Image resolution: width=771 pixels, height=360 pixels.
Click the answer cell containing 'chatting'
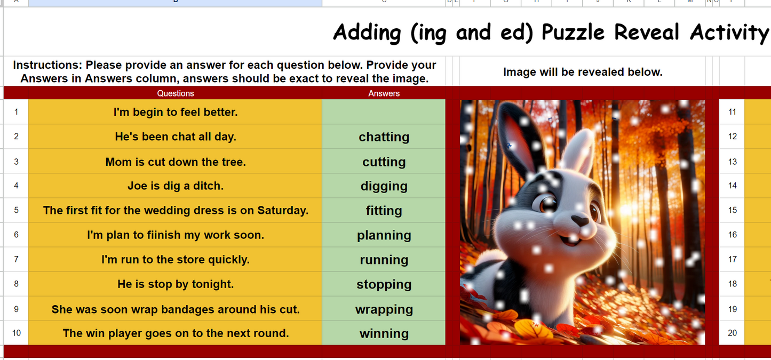(x=384, y=137)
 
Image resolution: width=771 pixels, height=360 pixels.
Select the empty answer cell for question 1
(x=384, y=112)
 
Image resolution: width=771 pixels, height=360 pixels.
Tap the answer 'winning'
(x=384, y=334)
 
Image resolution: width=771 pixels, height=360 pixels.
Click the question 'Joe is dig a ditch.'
(x=175, y=186)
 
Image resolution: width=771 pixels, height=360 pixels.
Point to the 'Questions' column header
(x=175, y=93)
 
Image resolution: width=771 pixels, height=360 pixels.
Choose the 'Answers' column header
(x=384, y=93)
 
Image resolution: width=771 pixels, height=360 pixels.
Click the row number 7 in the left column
(x=16, y=260)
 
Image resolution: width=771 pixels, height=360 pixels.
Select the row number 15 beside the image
(x=732, y=210)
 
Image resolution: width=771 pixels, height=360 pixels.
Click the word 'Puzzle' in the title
(x=574, y=33)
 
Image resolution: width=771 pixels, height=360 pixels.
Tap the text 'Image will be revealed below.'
(x=582, y=72)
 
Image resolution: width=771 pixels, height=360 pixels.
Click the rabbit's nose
(x=579, y=220)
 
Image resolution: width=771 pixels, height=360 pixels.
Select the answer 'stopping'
(x=384, y=285)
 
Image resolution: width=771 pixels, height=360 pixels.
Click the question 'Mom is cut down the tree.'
(x=175, y=162)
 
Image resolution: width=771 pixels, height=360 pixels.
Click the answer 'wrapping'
(x=384, y=309)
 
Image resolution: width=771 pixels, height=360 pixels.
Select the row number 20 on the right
(x=732, y=333)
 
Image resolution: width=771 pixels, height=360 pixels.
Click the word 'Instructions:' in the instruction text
(x=47, y=65)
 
